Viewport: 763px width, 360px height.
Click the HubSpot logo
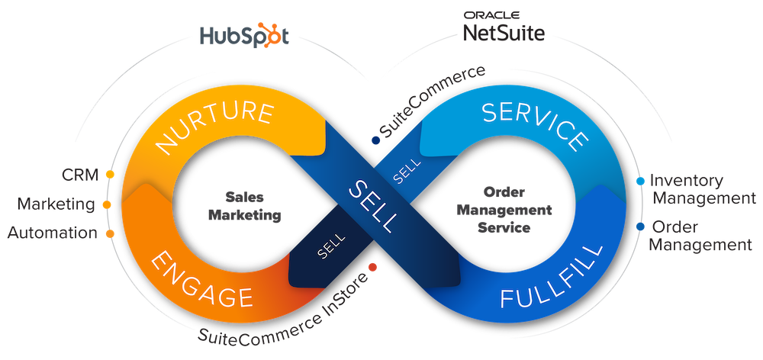click(x=243, y=36)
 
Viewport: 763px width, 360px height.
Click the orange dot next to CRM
click(x=110, y=175)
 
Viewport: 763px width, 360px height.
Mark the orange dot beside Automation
click(x=110, y=233)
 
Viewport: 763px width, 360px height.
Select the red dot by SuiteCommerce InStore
click(x=372, y=266)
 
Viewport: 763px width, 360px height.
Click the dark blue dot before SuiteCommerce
click(x=375, y=140)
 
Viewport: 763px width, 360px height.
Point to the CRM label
click(x=80, y=175)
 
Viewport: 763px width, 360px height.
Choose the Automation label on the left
click(x=52, y=233)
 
